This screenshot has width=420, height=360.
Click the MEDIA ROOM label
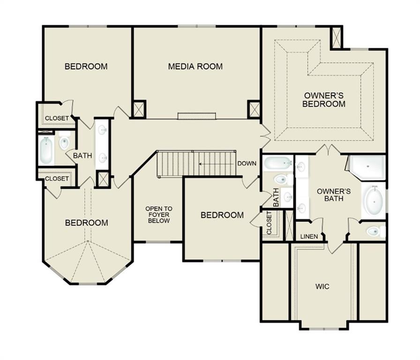pyautogui.click(x=195, y=67)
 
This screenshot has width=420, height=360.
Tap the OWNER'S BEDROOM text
pyautogui.click(x=324, y=99)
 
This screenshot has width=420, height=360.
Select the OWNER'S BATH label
pyautogui.click(x=334, y=195)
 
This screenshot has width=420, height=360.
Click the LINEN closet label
pyautogui.click(x=309, y=236)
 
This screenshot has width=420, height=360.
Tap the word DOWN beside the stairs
pyautogui.click(x=247, y=164)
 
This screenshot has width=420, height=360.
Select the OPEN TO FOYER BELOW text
pyautogui.click(x=158, y=215)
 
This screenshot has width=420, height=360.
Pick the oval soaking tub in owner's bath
pyautogui.click(x=374, y=201)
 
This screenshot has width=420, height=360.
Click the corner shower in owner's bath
pyautogui.click(x=367, y=166)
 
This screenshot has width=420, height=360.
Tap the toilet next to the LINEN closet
pyautogui.click(x=375, y=231)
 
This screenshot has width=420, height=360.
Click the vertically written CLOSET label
pyautogui.click(x=269, y=223)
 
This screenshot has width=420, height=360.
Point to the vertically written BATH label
pyautogui.click(x=276, y=197)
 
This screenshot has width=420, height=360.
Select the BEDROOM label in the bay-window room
pyautogui.click(x=86, y=223)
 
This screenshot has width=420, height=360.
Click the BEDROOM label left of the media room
pyautogui.click(x=86, y=67)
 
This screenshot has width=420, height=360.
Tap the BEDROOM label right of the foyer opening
pyautogui.click(x=222, y=215)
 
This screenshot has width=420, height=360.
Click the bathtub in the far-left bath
pyautogui.click(x=46, y=150)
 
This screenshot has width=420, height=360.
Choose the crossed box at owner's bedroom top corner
pyautogui.click(x=336, y=37)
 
